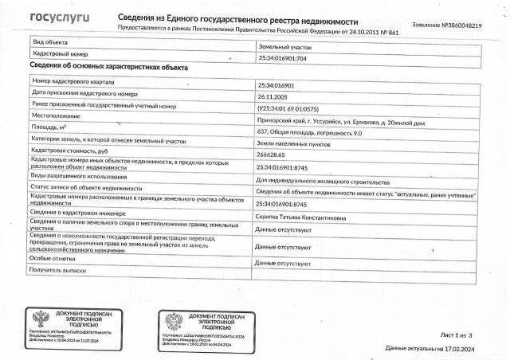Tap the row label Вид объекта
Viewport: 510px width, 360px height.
(50, 39)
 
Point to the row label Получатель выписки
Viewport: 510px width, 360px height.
(60, 272)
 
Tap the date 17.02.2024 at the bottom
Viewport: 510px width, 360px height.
(463, 349)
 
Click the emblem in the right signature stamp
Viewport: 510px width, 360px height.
(174, 322)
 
